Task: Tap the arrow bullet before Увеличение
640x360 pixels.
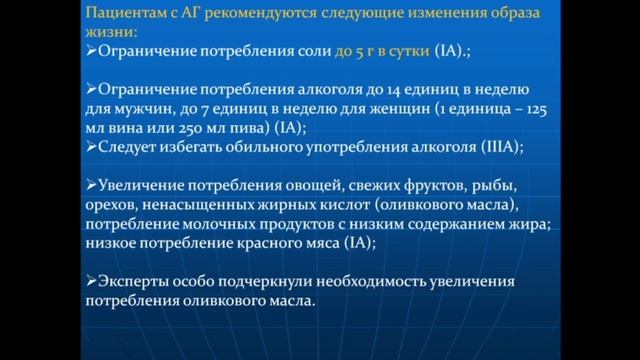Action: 91,186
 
